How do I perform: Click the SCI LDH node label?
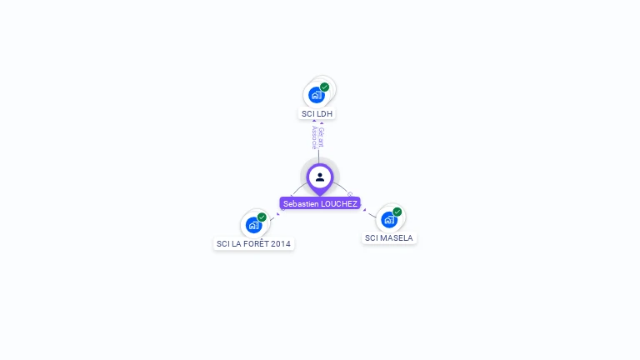click(317, 113)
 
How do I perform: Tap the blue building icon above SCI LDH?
click(316, 95)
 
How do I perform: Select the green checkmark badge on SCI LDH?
click(324, 87)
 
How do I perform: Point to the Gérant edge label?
click(322, 137)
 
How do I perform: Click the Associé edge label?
click(314, 137)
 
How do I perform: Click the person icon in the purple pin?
click(320, 177)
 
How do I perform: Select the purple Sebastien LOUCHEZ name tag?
click(320, 203)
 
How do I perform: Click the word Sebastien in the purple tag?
click(301, 203)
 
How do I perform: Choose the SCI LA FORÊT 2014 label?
click(254, 244)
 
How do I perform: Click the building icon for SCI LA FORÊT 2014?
click(252, 225)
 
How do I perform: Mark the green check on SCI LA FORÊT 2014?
click(262, 217)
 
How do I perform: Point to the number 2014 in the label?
click(282, 244)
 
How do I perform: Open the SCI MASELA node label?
click(389, 238)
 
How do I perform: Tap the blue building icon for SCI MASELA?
click(388, 220)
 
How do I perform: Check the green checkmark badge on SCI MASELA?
click(397, 212)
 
